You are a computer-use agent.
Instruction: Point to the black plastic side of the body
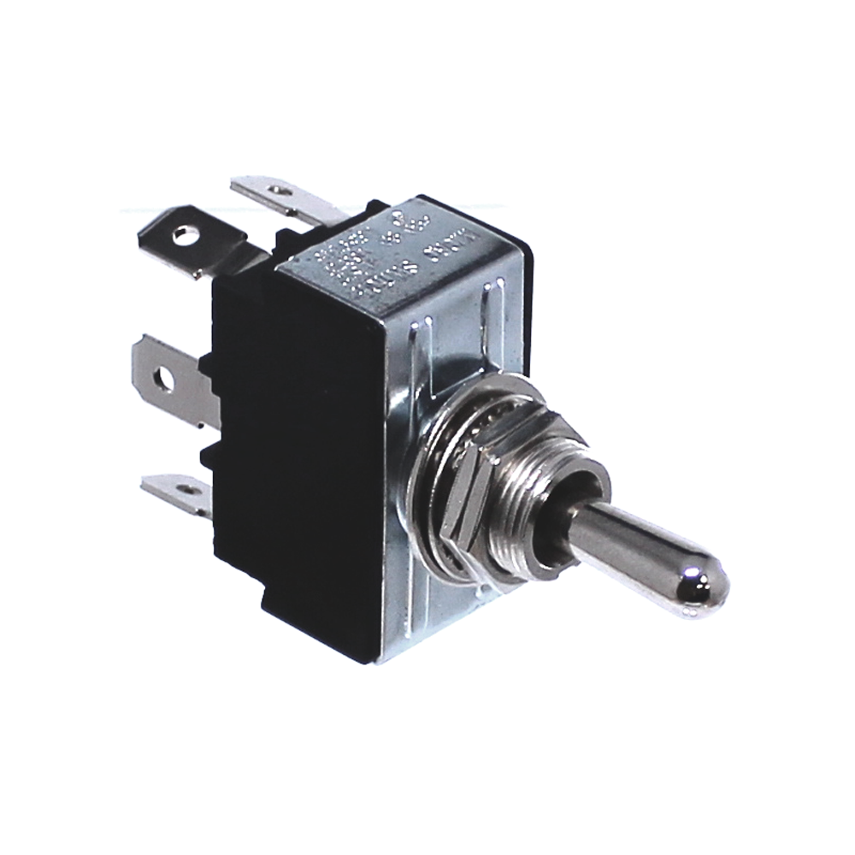pyautogui.click(x=291, y=445)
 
